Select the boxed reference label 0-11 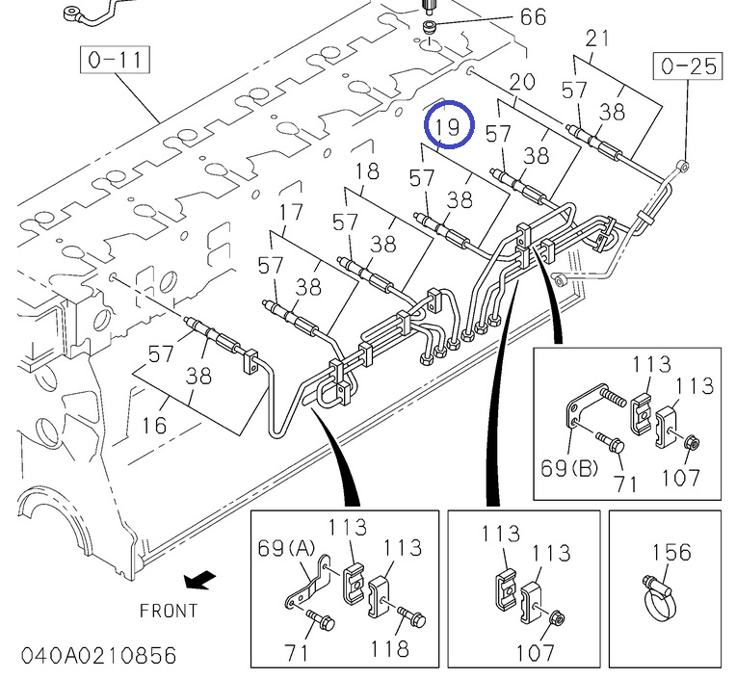115,61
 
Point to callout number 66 532,16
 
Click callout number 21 598,39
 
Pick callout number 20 521,82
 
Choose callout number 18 368,172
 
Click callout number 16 155,425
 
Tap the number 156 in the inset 671,552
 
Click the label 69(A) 286,548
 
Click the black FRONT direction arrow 200,579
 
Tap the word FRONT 169,610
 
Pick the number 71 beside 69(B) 626,483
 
